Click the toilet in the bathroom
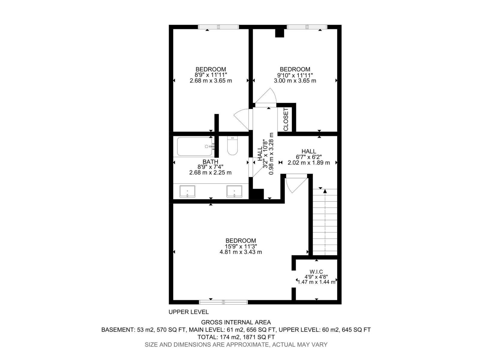(232, 146)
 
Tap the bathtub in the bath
(194, 146)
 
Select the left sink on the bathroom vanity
(187, 191)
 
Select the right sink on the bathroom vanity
(234, 191)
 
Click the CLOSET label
(286, 119)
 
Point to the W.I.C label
(316, 271)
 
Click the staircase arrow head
(325, 191)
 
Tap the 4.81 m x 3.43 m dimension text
(241, 252)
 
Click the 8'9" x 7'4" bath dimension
(210, 167)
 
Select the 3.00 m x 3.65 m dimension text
(295, 81)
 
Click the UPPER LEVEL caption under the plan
(188, 312)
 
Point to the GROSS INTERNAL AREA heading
(236, 322)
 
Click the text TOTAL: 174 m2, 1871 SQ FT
(236, 337)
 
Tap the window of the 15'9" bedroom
(223, 302)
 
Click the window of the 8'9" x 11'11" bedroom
(218, 27)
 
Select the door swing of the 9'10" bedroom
(267, 97)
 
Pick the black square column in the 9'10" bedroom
(280, 33)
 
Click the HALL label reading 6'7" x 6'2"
(309, 151)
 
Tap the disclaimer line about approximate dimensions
(236, 345)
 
